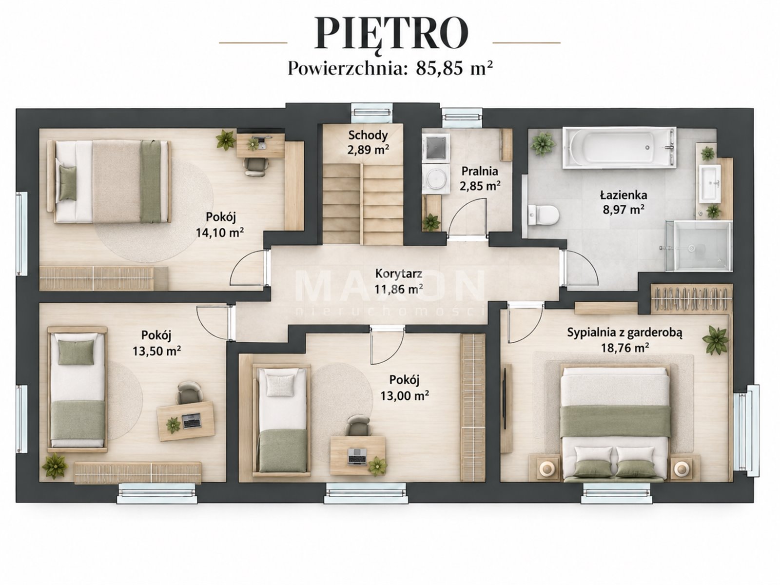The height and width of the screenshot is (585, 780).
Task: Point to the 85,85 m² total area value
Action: pos(454,68)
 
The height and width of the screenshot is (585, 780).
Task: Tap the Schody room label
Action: pos(368,136)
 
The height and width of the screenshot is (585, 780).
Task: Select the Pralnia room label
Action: pos(480,171)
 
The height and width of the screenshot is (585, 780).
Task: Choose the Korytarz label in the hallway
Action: pos(399,274)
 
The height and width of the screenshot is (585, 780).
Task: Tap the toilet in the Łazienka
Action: pos(544,215)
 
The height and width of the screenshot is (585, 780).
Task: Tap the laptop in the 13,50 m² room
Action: pos(192,421)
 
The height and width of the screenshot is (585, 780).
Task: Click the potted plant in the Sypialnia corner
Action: pos(716,340)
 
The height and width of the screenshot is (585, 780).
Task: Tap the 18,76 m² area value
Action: pos(624,347)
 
